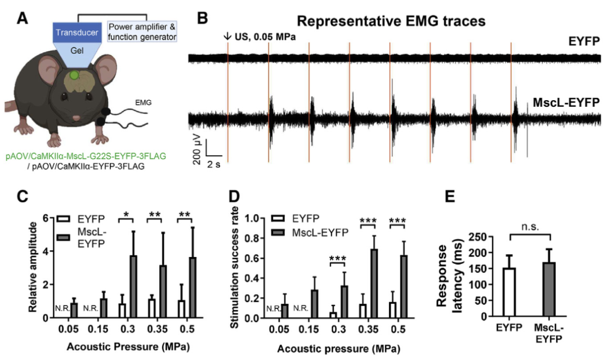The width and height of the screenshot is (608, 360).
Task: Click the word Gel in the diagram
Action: [77, 51]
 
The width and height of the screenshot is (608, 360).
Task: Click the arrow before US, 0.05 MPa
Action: [227, 37]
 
